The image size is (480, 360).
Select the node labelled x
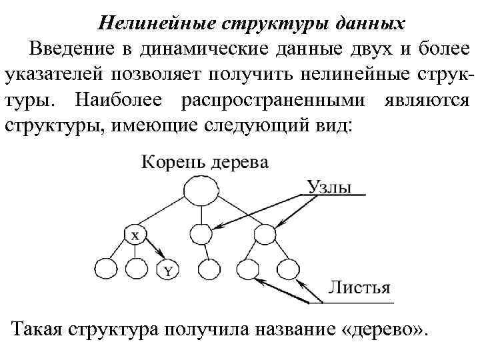[x=135, y=235]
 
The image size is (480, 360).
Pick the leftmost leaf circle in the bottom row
[x=105, y=270]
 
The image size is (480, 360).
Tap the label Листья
[x=359, y=288]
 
